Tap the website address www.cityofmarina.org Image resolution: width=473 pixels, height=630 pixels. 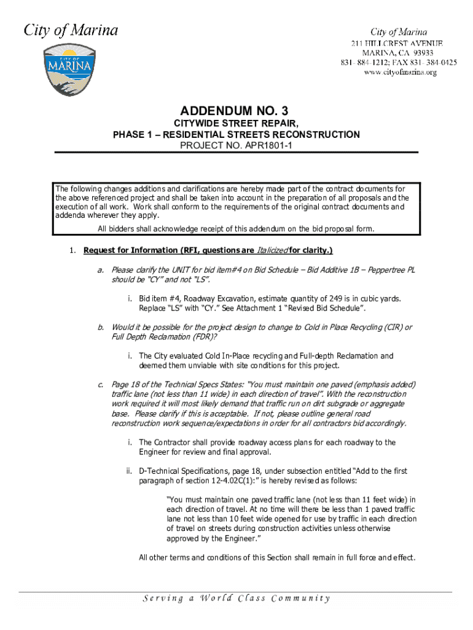tap(399, 72)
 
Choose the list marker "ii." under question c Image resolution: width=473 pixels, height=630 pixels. tap(130, 471)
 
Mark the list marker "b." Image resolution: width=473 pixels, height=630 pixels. tap(100, 327)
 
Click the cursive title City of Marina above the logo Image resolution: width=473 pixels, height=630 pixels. tap(71, 30)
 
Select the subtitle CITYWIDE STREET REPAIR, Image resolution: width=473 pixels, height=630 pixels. tap(237, 124)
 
